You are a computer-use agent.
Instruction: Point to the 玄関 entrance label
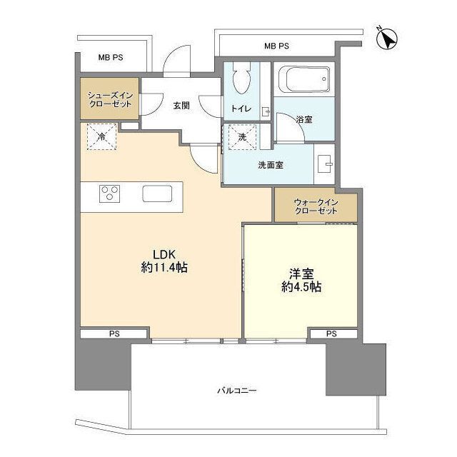[x=181, y=105]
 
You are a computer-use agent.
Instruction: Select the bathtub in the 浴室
[x=303, y=79]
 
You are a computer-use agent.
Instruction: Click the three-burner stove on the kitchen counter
[x=110, y=194]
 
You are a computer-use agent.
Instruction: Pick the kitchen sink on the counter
[x=158, y=194]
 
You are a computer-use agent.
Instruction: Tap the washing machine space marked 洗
[x=241, y=137]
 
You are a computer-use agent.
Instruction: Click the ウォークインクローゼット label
[x=314, y=207]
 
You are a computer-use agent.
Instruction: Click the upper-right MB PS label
[x=276, y=46]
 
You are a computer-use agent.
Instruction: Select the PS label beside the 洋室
[x=331, y=333]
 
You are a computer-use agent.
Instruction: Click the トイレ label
[x=238, y=109]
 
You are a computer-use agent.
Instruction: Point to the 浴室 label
[x=304, y=119]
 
